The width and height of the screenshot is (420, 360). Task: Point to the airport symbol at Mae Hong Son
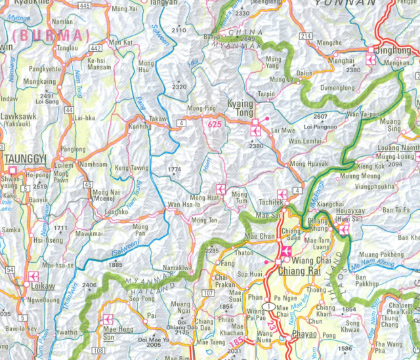tap(108, 319)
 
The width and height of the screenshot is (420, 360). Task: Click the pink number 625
tap(212, 123)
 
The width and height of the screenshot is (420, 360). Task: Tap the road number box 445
tap(83, 6)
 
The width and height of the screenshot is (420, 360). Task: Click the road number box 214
tap(305, 36)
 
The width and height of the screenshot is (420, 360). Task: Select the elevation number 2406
tap(90, 285)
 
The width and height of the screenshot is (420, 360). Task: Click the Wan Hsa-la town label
tap(182, 206)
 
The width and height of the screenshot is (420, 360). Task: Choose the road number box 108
tap(98, 351)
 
